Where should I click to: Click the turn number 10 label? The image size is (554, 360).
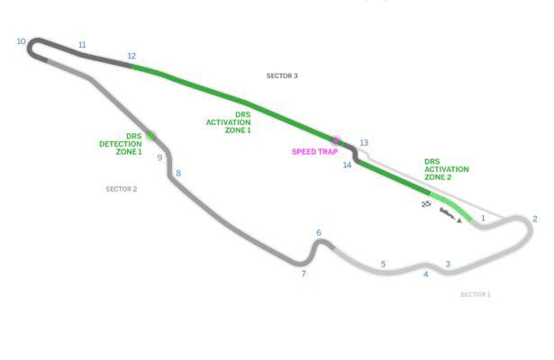pos(22,41)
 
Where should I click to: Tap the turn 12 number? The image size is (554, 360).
pos(132,56)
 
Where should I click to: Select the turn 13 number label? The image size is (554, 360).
pos(364,142)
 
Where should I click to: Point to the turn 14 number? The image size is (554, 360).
pos(347,165)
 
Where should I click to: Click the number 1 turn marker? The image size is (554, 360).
pos(483,218)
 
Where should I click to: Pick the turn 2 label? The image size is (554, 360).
pos(535,219)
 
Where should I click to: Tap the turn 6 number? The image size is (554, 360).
pos(319,232)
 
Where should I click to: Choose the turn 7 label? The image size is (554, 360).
pos(304,274)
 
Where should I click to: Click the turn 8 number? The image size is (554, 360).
pos(178,173)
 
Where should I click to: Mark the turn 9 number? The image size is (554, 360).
pos(159,157)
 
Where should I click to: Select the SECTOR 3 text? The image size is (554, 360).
pos(282,76)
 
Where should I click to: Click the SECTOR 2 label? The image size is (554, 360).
pos(122,189)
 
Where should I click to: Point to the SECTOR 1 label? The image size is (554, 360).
pos(476,294)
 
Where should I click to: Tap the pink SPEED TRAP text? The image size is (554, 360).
pos(314,152)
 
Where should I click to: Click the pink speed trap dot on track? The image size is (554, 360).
pos(336,140)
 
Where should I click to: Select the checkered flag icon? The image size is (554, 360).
pos(426,204)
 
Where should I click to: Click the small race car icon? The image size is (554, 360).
pos(450,215)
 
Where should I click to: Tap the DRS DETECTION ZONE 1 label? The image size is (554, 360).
pos(121,144)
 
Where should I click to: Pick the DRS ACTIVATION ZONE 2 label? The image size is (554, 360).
pos(447,169)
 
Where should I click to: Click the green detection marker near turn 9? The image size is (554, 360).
pos(151,136)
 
